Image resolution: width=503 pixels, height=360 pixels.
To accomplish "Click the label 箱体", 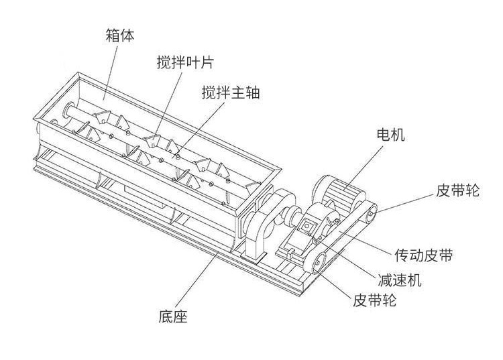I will tap(119, 35).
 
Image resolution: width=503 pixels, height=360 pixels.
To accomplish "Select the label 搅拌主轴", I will tap(230, 93).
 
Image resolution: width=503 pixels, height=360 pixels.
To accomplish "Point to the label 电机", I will tap(390, 135).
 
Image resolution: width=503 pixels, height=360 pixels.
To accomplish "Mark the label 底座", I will tap(173, 315).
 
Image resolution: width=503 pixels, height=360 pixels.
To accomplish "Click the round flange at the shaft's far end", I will tap(68, 110).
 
